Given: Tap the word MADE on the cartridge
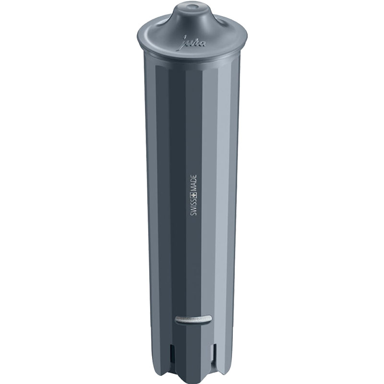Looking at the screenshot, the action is point(193,183).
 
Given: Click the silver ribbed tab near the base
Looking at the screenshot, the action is point(193,319).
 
